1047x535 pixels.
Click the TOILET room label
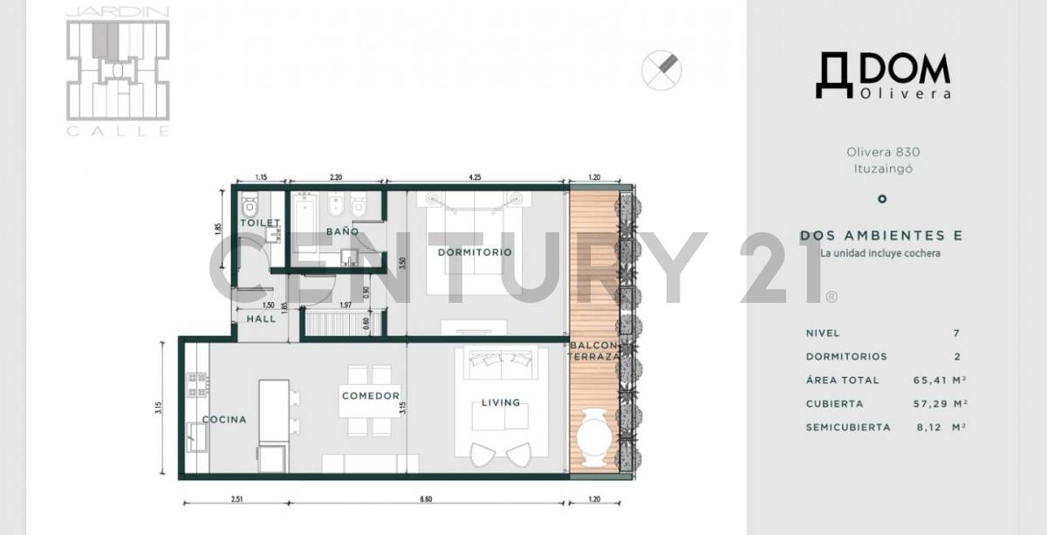click(x=260, y=223)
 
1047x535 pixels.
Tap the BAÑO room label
click(x=343, y=231)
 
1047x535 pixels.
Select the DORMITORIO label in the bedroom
click(x=475, y=252)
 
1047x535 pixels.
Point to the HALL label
click(x=261, y=319)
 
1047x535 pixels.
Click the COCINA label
click(x=224, y=420)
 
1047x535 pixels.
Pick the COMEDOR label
click(x=371, y=396)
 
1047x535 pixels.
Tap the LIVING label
click(x=501, y=402)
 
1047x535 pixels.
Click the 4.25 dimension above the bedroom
click(x=475, y=177)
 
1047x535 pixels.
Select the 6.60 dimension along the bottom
click(x=425, y=500)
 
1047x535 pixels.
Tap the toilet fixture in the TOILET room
click(x=250, y=207)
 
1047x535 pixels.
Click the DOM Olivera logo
click(x=882, y=76)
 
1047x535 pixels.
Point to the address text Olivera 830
click(x=882, y=151)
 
